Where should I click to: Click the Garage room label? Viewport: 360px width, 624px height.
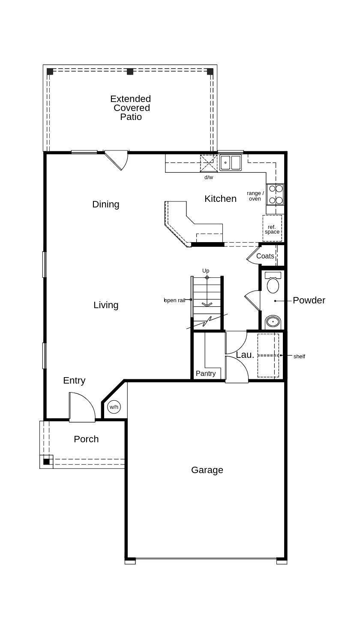click(x=207, y=470)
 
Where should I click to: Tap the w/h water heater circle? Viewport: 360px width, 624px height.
click(x=114, y=407)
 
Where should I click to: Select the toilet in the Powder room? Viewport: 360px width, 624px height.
click(x=273, y=282)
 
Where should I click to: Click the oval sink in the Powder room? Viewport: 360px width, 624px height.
click(x=273, y=322)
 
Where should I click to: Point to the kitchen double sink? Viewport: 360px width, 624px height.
click(x=231, y=163)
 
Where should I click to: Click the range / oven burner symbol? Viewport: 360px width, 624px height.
click(x=275, y=195)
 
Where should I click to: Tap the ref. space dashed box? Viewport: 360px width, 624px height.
click(x=272, y=228)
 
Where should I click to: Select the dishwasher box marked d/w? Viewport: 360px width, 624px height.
click(x=208, y=164)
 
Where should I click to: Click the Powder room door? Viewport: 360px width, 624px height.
click(x=253, y=300)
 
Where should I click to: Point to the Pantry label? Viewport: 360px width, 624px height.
click(x=206, y=374)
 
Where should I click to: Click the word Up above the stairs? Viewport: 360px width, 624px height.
click(x=206, y=271)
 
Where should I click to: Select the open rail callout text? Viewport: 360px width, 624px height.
click(x=175, y=300)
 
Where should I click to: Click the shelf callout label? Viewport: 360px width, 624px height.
click(x=299, y=357)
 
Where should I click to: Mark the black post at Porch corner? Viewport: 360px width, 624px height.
click(x=47, y=462)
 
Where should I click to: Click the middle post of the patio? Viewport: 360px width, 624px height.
click(x=130, y=72)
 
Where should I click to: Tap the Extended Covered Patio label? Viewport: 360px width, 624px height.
click(x=131, y=108)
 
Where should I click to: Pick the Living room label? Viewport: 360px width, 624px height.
click(x=106, y=305)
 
